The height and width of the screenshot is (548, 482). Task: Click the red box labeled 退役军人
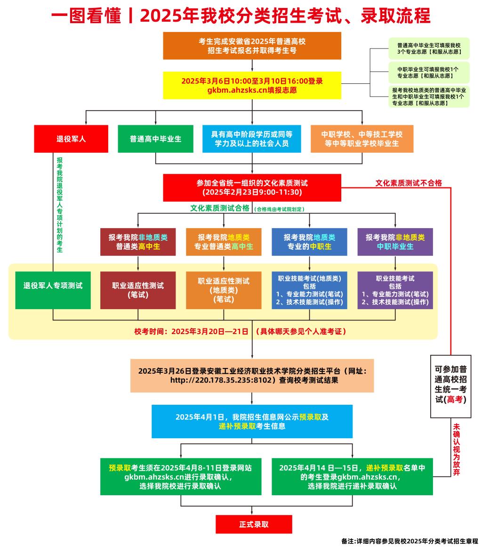click(71, 139)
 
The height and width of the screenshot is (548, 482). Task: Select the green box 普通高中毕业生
click(155, 139)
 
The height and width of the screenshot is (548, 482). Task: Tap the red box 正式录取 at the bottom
click(254, 524)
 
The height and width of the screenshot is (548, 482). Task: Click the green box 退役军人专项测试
click(53, 286)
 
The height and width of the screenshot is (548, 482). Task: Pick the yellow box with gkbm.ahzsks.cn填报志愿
click(252, 85)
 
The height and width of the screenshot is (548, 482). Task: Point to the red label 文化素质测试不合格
click(408, 183)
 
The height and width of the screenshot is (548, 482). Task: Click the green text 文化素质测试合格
click(219, 208)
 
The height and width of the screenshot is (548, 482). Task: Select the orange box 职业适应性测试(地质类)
click(224, 290)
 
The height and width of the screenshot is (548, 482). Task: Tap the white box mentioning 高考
click(450, 386)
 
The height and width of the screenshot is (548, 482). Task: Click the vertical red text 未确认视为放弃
click(456, 450)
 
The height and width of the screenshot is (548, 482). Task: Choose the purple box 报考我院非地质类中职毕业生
click(395, 242)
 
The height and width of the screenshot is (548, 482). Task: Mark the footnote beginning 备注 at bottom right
click(410, 541)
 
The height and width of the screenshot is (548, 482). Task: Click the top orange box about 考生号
click(252, 46)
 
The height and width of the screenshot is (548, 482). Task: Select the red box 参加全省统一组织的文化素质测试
click(252, 188)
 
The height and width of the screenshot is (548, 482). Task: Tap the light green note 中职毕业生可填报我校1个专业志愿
click(428, 72)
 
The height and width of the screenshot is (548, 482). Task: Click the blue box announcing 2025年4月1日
click(252, 421)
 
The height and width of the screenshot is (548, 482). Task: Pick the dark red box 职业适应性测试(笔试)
click(138, 290)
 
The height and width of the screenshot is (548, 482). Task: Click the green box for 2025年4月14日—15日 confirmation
click(352, 476)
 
